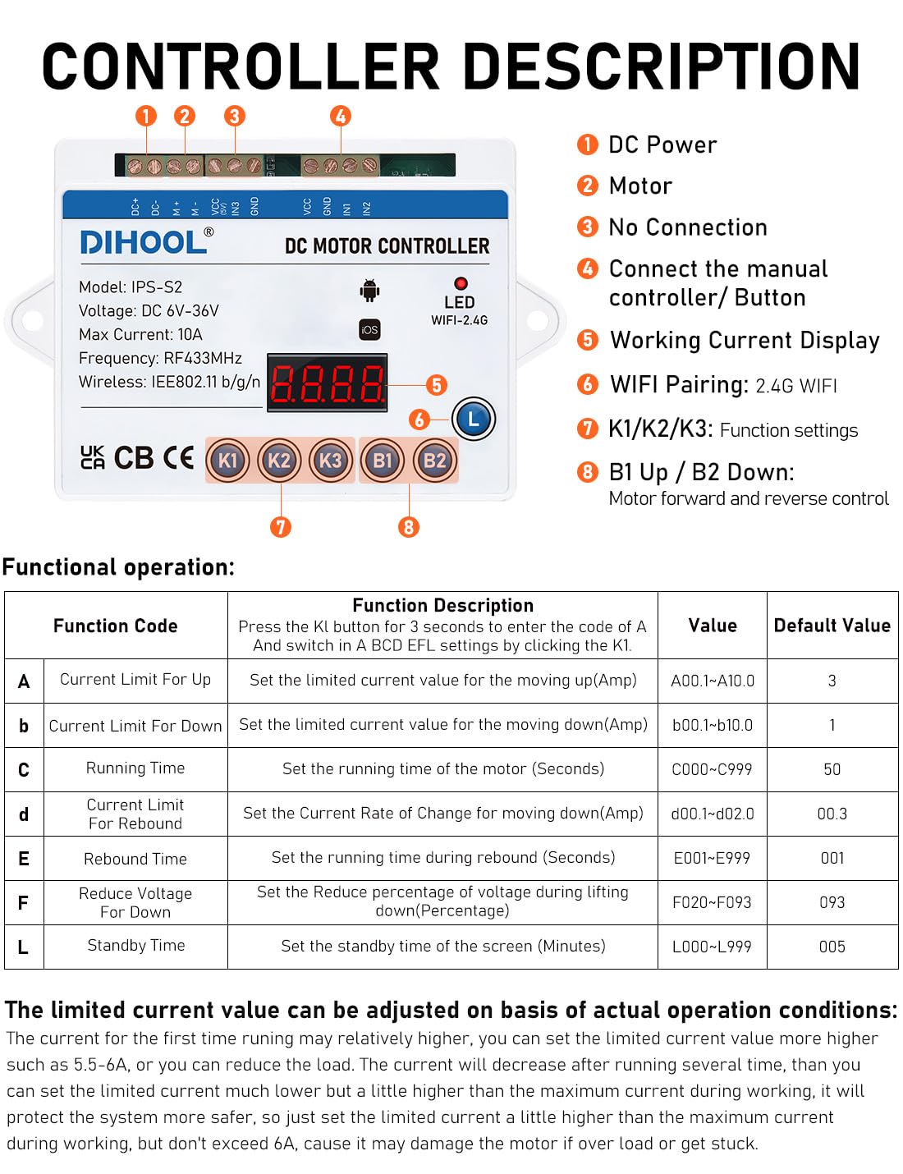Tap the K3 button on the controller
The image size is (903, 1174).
point(330,461)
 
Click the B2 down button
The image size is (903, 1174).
point(434,461)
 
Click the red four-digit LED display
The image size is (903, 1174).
point(327,383)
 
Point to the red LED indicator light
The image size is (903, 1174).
point(461,283)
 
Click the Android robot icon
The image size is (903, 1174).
point(369,290)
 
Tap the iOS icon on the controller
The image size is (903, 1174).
point(369,329)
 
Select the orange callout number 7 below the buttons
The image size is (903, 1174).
point(281,526)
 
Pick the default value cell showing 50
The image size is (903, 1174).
point(832,769)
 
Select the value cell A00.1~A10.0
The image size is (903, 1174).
point(712,681)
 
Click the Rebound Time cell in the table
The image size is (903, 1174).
point(135,859)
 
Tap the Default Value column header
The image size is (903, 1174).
point(832,626)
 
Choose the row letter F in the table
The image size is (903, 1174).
point(24,903)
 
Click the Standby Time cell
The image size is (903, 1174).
point(135,946)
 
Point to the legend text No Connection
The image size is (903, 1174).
point(688,227)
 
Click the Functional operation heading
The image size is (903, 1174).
point(118,567)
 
